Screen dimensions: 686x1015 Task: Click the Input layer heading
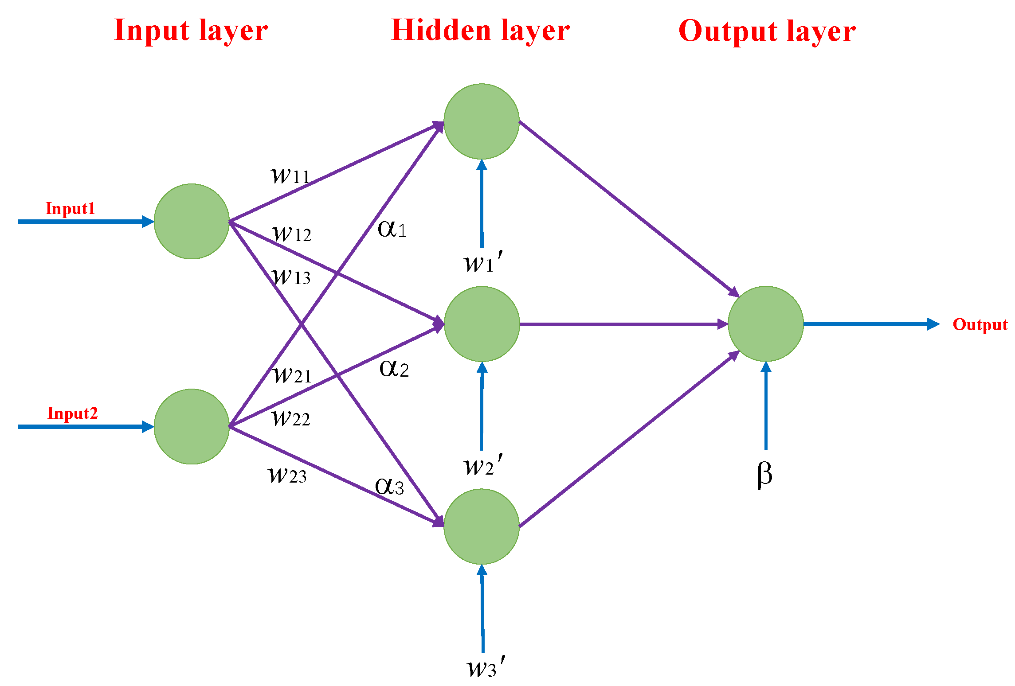pos(191,31)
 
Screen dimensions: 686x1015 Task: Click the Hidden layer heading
pos(480,31)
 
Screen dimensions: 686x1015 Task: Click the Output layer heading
pos(767,32)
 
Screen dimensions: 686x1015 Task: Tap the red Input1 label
pos(71,208)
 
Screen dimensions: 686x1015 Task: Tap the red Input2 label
pos(72,413)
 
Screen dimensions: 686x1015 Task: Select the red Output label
pos(980,324)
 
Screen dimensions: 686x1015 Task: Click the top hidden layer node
pos(482,121)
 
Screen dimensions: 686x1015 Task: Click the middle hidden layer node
pos(482,324)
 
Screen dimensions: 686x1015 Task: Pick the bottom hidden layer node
pos(482,526)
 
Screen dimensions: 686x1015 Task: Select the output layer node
pos(766,324)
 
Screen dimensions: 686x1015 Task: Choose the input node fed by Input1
pos(192,221)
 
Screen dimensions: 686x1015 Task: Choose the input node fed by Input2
pos(192,426)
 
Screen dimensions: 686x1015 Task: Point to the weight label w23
pos(287,475)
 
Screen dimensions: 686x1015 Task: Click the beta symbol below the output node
pos(764,474)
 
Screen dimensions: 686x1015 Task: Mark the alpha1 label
pos(392,229)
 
